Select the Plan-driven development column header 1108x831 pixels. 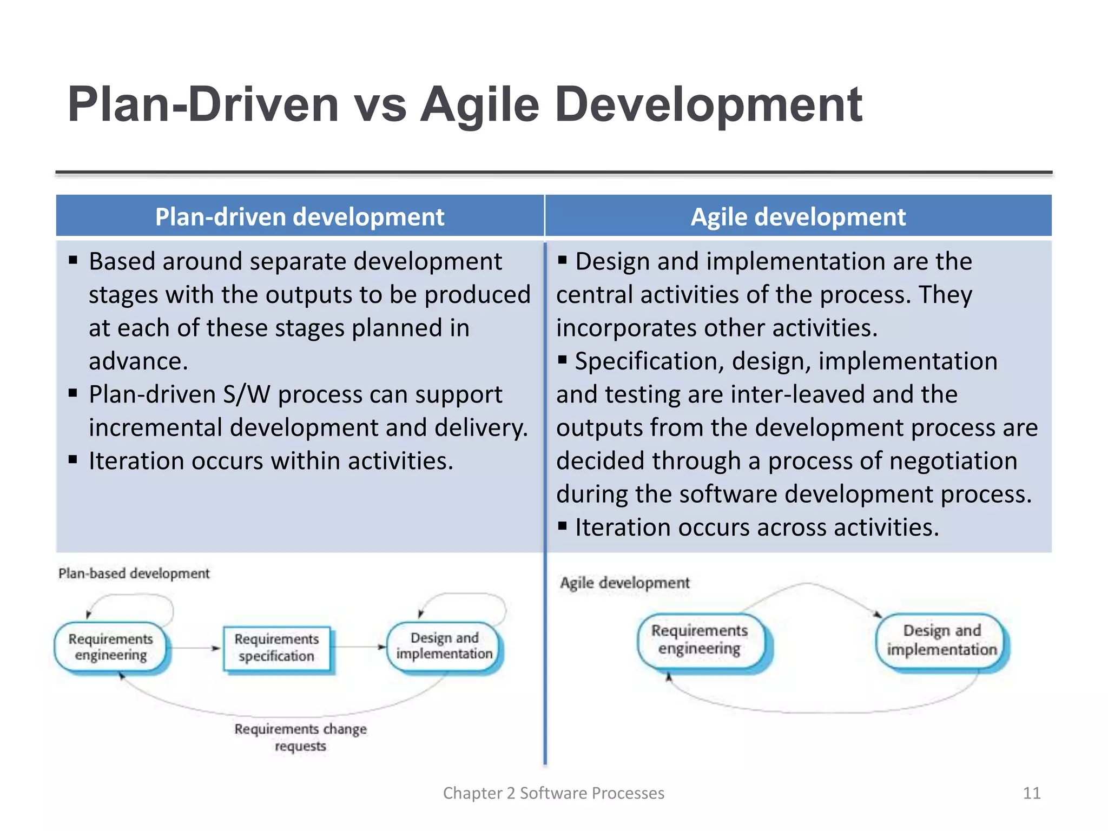(299, 217)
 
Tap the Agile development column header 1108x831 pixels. (798, 217)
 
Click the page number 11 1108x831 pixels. (1032, 793)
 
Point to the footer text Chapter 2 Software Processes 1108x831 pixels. (553, 793)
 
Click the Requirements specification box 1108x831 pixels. (276, 648)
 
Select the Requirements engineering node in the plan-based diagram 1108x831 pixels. (111, 647)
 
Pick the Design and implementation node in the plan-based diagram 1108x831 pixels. (444, 646)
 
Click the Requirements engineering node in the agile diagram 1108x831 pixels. (700, 640)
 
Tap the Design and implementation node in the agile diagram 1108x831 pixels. (941, 640)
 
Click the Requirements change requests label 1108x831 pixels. (300, 737)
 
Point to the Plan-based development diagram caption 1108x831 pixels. (134, 573)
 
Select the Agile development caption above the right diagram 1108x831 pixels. (625, 583)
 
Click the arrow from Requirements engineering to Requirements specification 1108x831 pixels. (195, 648)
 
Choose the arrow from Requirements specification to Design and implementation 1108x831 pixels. (359, 647)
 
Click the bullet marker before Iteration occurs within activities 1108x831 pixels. (73, 460)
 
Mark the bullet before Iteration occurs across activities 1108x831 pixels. (562, 525)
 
